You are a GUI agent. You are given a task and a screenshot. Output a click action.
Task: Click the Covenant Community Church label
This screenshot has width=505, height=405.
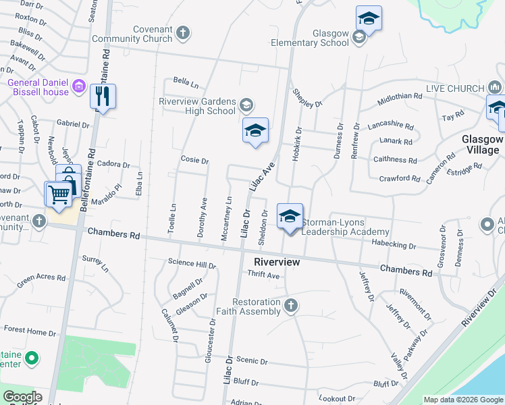(x=142, y=34)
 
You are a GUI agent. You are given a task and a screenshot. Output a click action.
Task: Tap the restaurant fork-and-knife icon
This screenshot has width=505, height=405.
(x=103, y=97)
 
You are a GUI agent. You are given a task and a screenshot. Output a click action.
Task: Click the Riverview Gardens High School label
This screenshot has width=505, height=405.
(x=197, y=106)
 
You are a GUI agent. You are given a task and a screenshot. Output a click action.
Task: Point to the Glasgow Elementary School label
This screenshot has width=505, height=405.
(x=331, y=38)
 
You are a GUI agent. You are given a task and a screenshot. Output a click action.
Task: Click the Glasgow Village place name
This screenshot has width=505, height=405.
(x=483, y=144)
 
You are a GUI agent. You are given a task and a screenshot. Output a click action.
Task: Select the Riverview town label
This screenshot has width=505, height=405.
(x=276, y=261)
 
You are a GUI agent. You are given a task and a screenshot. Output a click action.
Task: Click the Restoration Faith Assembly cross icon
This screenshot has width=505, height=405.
(x=290, y=306)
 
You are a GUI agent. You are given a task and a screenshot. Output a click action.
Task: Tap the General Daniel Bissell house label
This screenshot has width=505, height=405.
(x=38, y=87)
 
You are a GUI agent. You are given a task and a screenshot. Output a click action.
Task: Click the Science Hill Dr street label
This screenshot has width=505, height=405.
(x=192, y=263)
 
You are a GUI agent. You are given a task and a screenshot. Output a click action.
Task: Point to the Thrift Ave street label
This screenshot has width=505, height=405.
(x=263, y=275)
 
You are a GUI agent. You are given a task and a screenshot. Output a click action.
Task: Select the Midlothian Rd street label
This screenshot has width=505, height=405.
(x=400, y=97)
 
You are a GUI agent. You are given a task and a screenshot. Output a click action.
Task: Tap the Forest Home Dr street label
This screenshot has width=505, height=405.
(x=30, y=332)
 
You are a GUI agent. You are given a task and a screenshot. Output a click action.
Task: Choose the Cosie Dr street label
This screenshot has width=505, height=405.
(x=194, y=161)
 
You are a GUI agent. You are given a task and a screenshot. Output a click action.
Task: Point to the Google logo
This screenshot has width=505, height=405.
(x=22, y=397)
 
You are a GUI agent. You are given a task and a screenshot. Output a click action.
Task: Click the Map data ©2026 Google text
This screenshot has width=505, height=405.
(x=463, y=400)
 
